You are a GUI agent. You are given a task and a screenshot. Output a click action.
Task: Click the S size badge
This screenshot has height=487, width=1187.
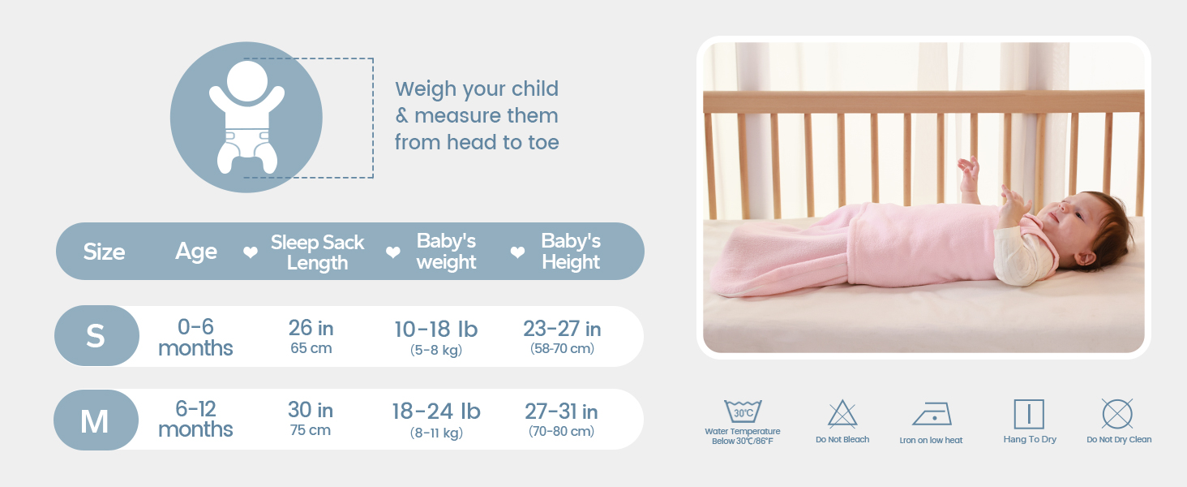(96, 336)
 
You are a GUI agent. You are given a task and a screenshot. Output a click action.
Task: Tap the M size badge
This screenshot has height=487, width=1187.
(95, 420)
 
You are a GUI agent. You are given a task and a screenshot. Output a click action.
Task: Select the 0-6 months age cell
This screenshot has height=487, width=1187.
(195, 338)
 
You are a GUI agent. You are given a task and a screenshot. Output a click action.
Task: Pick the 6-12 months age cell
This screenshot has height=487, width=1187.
(195, 419)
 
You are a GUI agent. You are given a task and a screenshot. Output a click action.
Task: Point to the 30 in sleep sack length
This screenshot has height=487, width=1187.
(311, 419)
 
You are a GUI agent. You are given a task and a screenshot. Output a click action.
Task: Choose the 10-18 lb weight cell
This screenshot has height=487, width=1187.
(436, 337)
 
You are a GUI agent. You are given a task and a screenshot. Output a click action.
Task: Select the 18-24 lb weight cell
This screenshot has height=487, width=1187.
(436, 419)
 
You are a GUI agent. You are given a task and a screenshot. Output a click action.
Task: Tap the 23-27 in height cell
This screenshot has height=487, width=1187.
(562, 337)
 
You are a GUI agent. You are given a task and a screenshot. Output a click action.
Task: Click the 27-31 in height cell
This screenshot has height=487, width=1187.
(561, 419)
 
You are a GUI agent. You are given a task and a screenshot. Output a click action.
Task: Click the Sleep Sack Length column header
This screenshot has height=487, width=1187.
(317, 252)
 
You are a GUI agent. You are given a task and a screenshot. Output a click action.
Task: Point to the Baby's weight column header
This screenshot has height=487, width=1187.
(446, 252)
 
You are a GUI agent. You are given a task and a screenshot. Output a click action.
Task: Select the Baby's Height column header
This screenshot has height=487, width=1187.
(571, 252)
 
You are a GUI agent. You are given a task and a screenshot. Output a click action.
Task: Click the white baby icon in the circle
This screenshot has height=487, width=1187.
(246, 118)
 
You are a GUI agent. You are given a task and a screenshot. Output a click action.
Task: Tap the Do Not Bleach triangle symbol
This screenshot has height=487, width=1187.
(842, 415)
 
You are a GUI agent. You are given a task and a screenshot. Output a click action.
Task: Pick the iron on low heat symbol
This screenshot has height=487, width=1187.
(932, 414)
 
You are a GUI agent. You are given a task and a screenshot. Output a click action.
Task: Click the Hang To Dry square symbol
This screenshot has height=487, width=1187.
(1029, 414)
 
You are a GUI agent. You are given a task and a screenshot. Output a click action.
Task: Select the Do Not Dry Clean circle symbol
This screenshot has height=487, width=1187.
(1117, 414)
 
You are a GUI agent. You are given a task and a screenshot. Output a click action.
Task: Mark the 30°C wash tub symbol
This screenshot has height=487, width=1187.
(743, 412)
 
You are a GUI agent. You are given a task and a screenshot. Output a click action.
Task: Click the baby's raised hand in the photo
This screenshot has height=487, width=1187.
(968, 170)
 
